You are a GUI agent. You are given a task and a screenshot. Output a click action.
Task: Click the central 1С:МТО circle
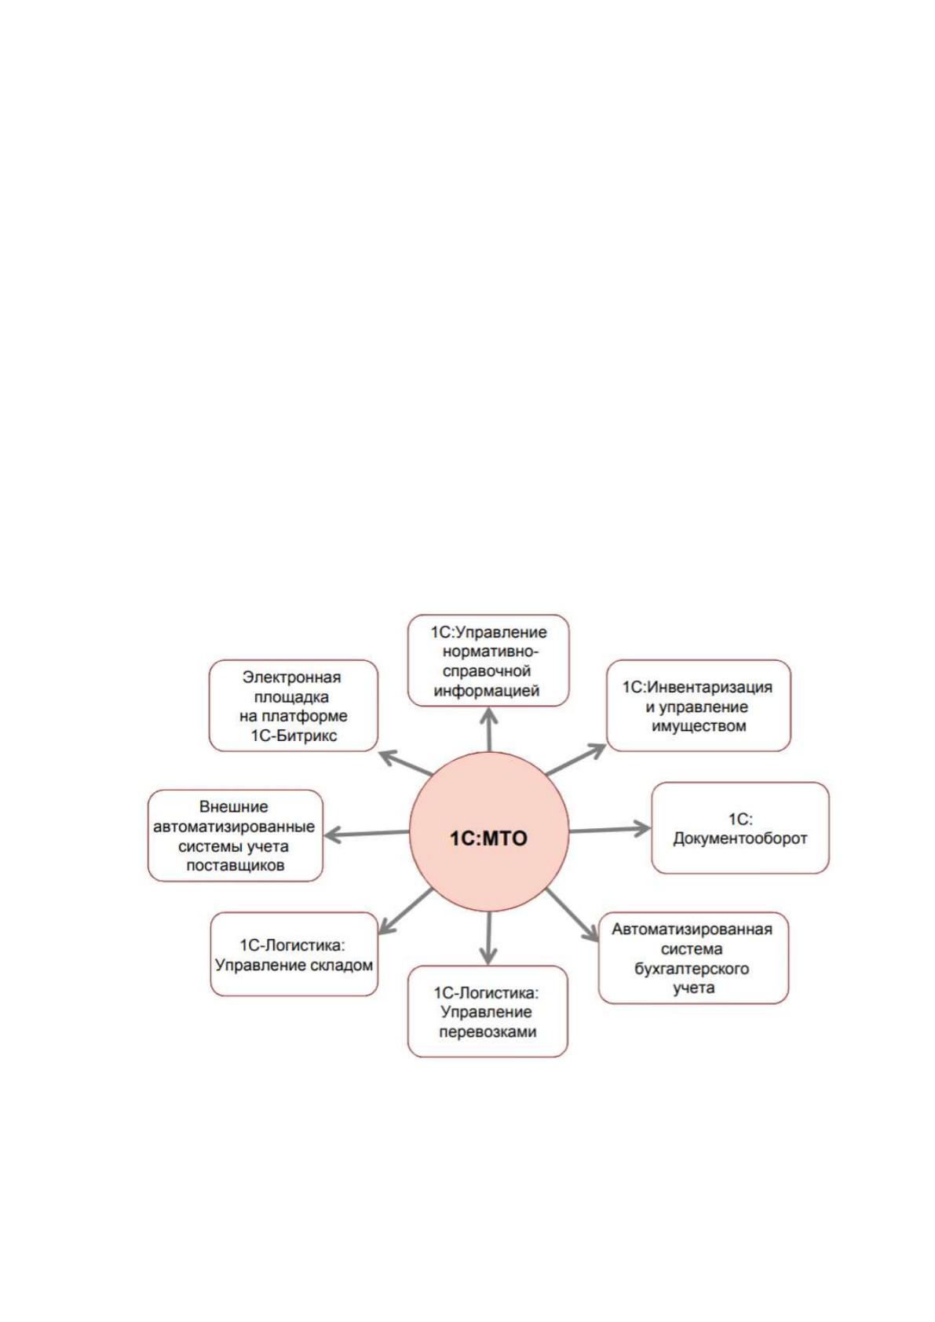[489, 831]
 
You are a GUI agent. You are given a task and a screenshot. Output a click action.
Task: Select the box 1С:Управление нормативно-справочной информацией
[488, 660]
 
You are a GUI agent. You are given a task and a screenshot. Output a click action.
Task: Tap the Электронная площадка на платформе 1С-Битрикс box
[294, 706]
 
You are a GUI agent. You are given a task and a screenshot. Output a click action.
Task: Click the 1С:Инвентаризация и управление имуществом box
[698, 706]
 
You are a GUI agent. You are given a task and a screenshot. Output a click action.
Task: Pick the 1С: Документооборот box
[740, 828]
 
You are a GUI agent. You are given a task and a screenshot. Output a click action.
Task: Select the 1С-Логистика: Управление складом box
[294, 955]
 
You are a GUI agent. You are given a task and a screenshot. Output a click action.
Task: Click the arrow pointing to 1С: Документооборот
[610, 829]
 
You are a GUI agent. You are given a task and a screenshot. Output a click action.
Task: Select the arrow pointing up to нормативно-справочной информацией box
[489, 729]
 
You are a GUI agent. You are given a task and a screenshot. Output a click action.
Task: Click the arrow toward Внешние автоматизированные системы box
[367, 834]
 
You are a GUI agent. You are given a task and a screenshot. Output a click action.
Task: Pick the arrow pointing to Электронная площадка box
[405, 762]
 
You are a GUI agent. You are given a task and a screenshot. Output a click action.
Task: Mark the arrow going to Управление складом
[405, 912]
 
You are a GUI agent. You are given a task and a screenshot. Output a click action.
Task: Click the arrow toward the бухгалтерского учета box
[572, 915]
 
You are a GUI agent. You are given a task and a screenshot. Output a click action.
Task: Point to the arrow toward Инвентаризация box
[575, 759]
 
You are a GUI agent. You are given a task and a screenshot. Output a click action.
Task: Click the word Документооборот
[740, 838]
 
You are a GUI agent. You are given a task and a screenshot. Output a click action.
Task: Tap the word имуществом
[699, 726]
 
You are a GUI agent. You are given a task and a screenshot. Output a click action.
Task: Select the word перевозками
[488, 1032]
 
